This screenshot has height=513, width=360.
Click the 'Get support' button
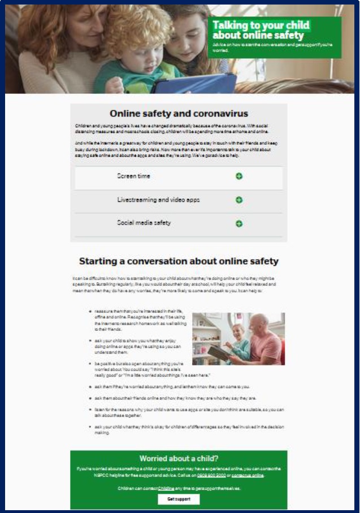point(179,499)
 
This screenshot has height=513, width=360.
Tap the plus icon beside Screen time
point(239,176)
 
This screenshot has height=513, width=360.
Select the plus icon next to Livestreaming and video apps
point(239,200)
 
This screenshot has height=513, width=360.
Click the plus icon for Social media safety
point(239,224)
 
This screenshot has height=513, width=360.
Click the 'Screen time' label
point(134,176)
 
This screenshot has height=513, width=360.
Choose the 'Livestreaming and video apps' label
point(158,200)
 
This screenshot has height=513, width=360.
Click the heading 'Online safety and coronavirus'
point(179,114)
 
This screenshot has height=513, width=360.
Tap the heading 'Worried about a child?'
point(179,458)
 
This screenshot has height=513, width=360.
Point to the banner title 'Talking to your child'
point(261,25)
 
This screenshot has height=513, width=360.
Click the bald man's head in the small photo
point(259,323)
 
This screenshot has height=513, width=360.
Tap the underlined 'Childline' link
point(166,488)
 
